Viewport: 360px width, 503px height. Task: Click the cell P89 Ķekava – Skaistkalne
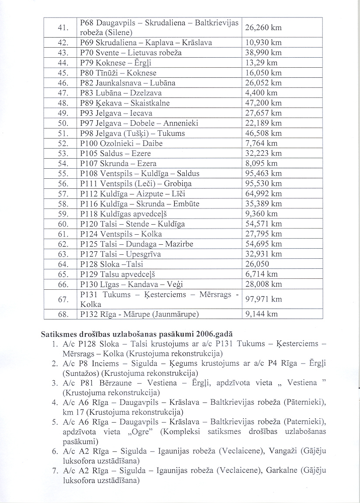click(125, 103)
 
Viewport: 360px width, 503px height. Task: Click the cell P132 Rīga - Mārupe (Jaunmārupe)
click(140, 314)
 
